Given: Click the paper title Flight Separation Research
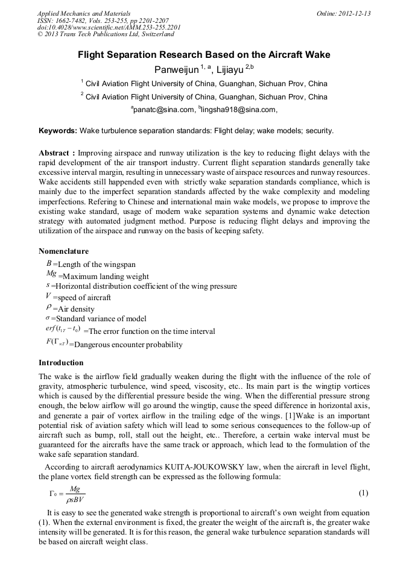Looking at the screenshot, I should click(204, 55).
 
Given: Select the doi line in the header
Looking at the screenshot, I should click(109, 27).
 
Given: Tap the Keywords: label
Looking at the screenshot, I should click(58, 130).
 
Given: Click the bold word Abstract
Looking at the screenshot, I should click(54, 153).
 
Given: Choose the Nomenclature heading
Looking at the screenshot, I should click(63, 251).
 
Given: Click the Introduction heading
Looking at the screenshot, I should click(61, 363).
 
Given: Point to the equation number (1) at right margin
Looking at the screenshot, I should click(363, 493).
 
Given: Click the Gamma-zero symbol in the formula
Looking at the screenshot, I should click(53, 494).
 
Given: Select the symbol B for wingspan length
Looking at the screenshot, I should click(48, 263).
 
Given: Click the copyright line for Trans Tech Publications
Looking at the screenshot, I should click(106, 34).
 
